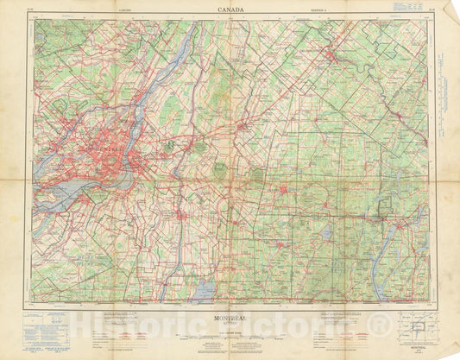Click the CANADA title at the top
[x=229, y=10]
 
